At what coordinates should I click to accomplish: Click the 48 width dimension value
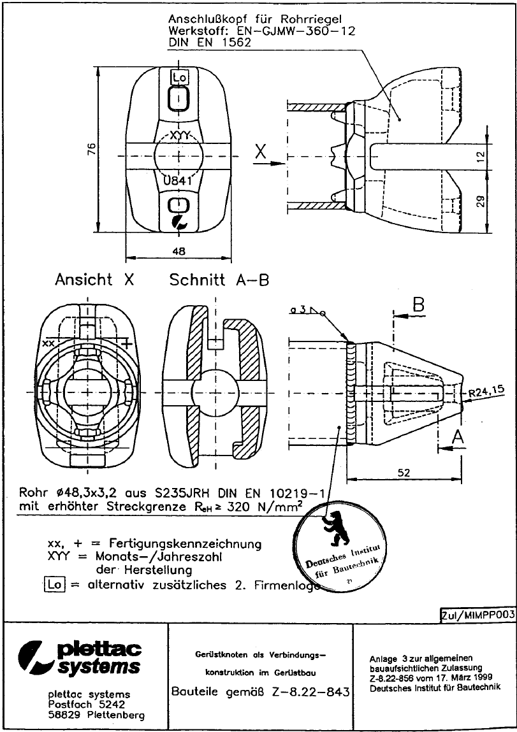tap(179, 252)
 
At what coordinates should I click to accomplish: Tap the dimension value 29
tap(481, 201)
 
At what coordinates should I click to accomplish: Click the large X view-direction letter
tap(260, 152)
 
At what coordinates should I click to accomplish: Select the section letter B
tap(418, 306)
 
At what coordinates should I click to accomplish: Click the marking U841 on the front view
tap(179, 180)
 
